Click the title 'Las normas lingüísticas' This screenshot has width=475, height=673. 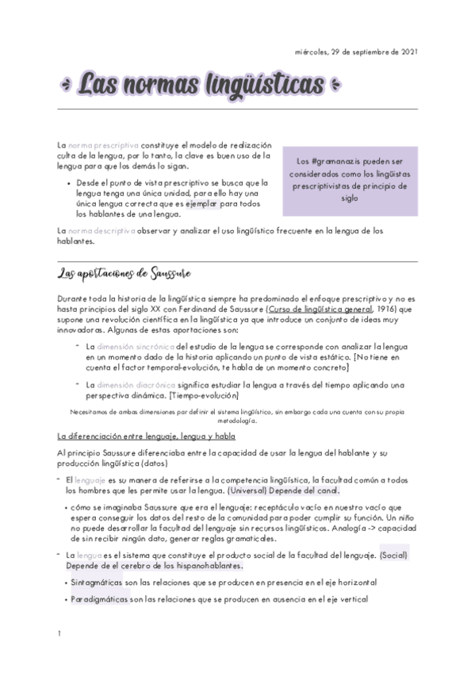pos(202,83)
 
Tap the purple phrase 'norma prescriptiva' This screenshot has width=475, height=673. pos(104,146)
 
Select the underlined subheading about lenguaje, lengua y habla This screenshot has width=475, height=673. pos(146,436)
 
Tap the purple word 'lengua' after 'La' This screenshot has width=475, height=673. pos(88,556)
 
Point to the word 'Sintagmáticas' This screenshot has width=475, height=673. pos(99,582)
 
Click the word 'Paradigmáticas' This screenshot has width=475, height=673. pos(102,600)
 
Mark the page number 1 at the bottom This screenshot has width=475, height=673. pos(59,633)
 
